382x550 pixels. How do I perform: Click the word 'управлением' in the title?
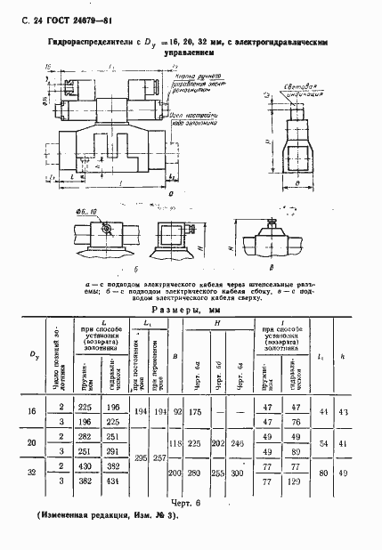pos(191,53)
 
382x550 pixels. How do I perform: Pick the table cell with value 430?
pos(87,467)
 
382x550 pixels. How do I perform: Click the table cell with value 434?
pos(112,481)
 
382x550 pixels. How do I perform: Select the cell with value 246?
pos(237,441)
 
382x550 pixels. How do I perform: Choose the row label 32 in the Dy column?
pos(32,473)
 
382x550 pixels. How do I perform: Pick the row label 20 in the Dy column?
pos(32,442)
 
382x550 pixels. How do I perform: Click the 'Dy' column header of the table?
pos(33,357)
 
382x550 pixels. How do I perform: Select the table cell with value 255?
pos(217,474)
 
